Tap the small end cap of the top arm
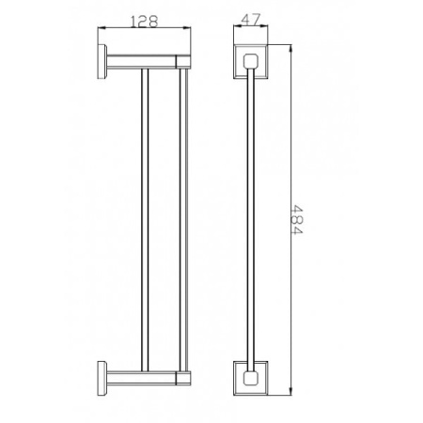pyautogui.click(x=183, y=62)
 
